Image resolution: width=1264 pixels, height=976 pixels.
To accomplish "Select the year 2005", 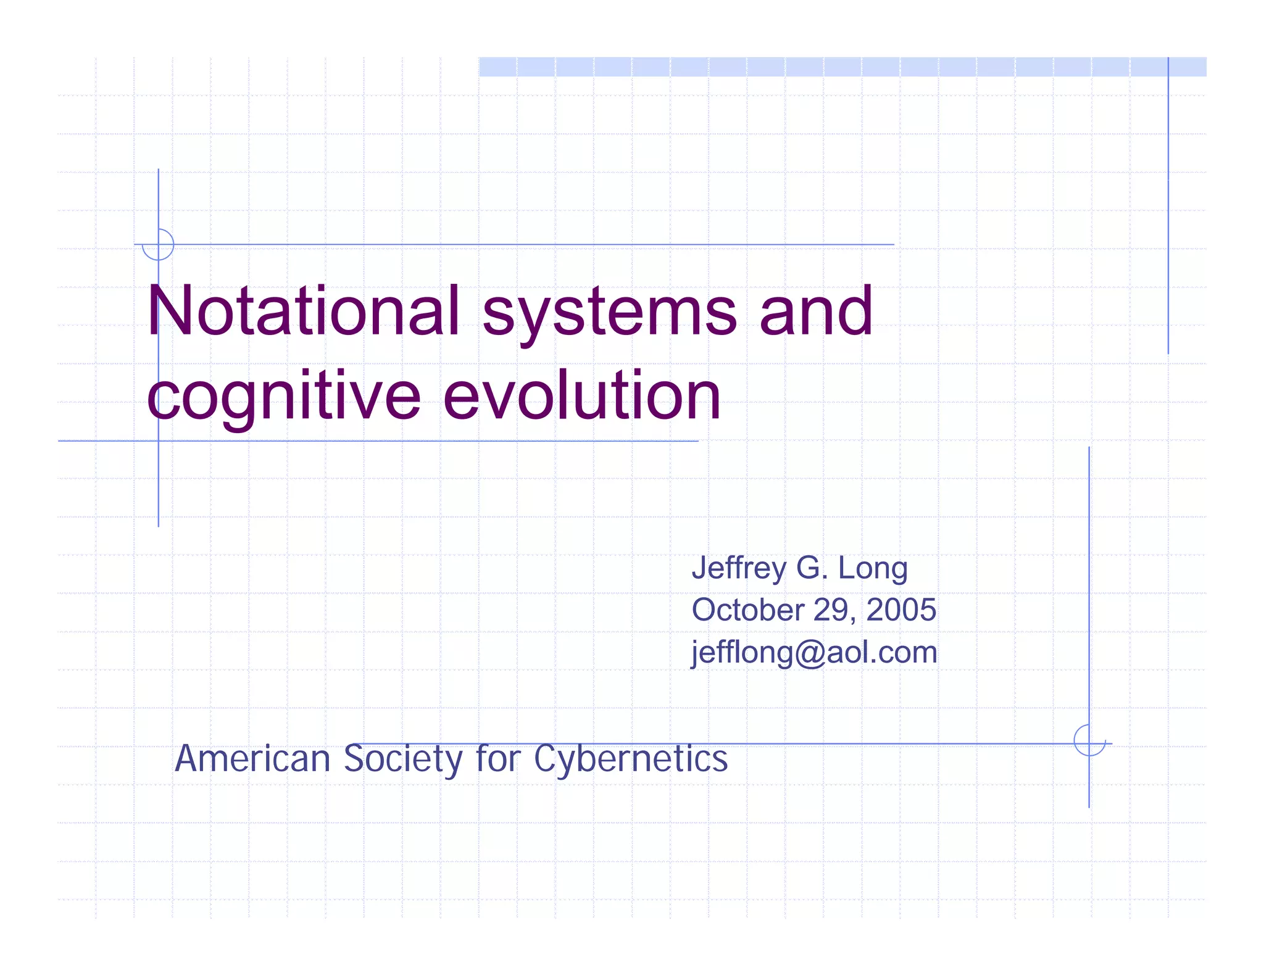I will coord(901,610).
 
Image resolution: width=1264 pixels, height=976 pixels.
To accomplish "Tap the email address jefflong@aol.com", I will coord(814,653).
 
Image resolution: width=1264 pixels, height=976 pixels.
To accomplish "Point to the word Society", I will coord(403,759).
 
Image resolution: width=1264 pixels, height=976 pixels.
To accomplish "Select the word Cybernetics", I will coord(631,759).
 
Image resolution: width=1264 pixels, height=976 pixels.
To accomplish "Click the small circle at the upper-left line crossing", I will coord(158,245).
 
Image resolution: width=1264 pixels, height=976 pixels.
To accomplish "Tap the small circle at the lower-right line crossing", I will coord(1089,740).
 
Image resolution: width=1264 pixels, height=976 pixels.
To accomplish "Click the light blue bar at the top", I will coord(842,67).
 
